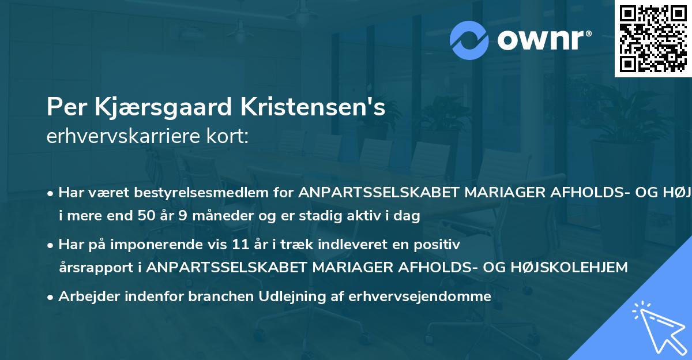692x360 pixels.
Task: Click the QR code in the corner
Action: (x=653, y=38)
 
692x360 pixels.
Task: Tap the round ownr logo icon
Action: (x=469, y=39)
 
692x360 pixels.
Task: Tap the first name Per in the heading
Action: (x=62, y=108)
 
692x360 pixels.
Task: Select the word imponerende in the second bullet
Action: (x=171, y=245)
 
